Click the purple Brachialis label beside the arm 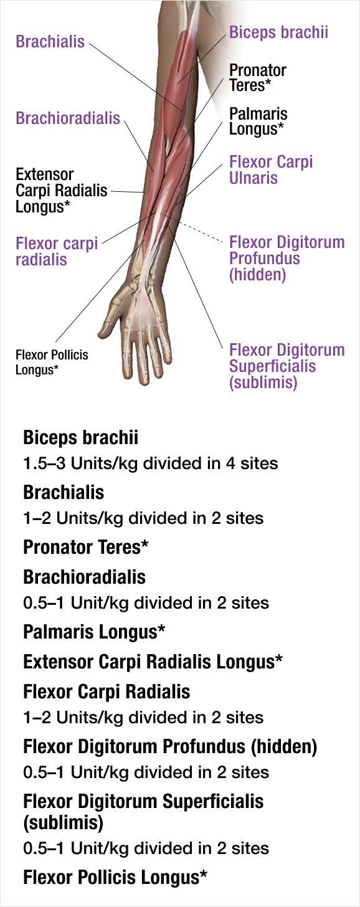coord(50,41)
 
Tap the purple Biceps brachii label coord(278,32)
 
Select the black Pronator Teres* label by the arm coord(258,77)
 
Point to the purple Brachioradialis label coord(68,118)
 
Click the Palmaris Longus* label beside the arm coord(258,121)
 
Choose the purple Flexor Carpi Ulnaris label coord(271,169)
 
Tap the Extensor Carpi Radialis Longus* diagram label coord(62,191)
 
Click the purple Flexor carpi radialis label coord(57,252)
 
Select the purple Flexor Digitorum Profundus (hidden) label coord(287,259)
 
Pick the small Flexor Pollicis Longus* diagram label coord(52,363)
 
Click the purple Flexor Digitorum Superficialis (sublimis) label coord(287,366)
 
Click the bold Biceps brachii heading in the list coord(80,438)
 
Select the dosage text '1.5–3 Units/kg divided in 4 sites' coord(151,463)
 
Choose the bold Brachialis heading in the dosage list coord(64,492)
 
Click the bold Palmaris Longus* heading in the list coord(94,632)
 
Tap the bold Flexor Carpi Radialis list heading coord(107,691)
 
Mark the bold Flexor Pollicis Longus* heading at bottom coord(115,878)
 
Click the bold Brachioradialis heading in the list coord(84,577)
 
